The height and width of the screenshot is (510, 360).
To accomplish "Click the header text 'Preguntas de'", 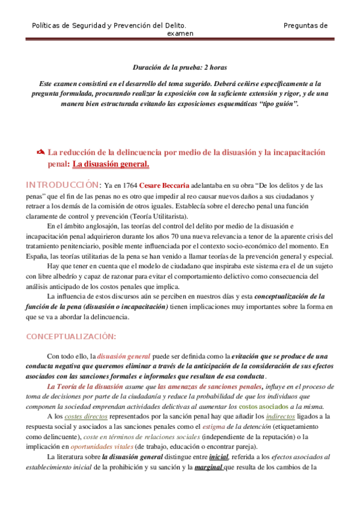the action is tap(305, 25).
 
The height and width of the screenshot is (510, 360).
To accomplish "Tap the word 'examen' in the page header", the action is tap(180, 34).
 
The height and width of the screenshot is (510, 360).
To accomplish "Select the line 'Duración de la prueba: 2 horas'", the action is tap(180, 68).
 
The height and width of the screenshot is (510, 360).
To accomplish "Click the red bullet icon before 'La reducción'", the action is tap(41, 153).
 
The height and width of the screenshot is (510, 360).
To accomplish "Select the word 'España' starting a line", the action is tap(36, 256).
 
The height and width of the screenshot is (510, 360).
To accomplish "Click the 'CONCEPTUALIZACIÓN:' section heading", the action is tap(71, 336).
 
